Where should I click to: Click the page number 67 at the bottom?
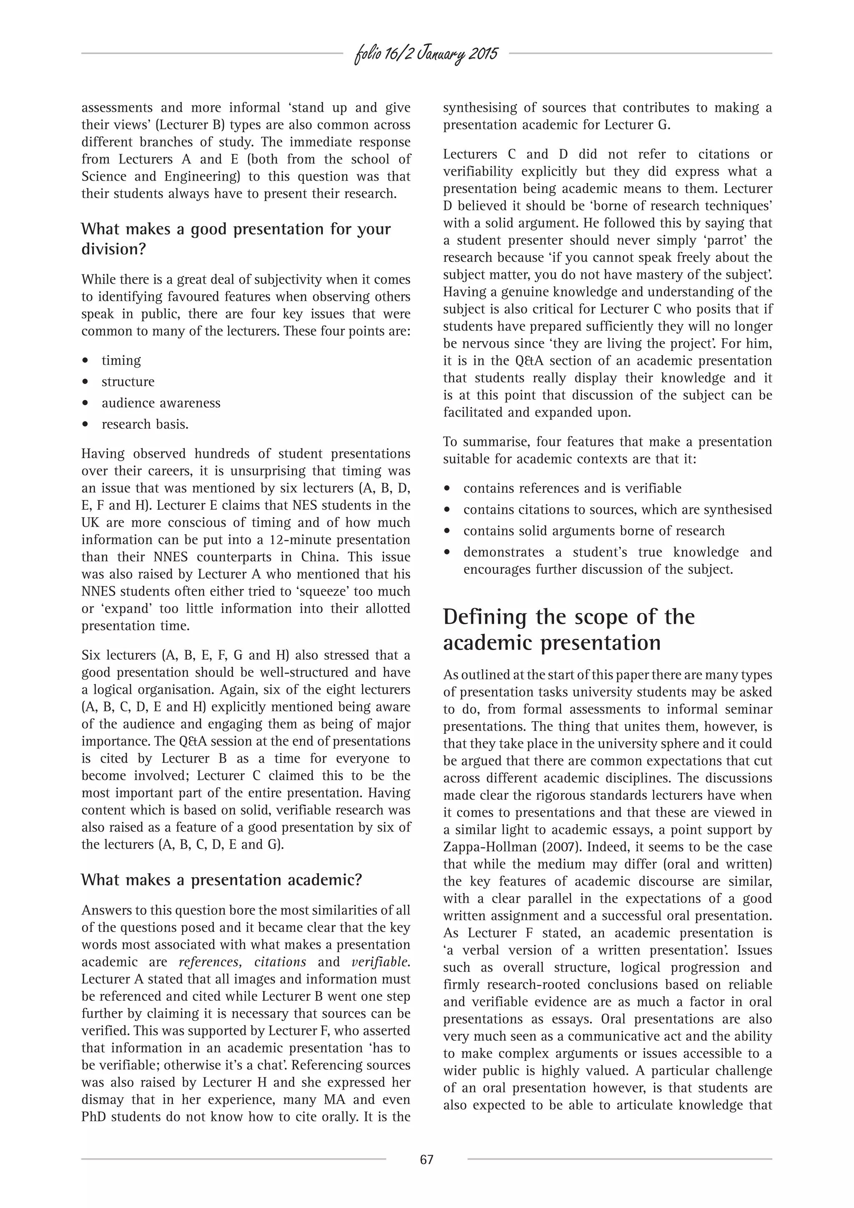(x=426, y=1159)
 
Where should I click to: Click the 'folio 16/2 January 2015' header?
(x=426, y=54)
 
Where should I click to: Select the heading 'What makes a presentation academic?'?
(x=221, y=880)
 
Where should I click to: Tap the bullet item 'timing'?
(x=121, y=360)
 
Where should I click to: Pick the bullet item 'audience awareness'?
(x=161, y=403)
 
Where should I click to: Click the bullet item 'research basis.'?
(x=145, y=424)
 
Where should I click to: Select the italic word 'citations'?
(x=280, y=962)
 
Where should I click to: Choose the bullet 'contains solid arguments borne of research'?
(x=593, y=531)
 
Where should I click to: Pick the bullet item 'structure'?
(x=128, y=382)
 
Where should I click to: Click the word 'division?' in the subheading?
(x=113, y=249)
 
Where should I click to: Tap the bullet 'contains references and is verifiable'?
(x=572, y=488)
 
